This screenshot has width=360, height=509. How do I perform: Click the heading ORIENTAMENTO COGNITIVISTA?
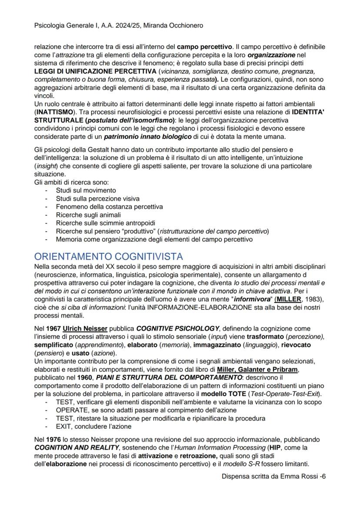108,256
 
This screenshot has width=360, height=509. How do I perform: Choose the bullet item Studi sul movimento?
86,190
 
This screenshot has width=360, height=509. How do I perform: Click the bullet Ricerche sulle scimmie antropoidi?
105,223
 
